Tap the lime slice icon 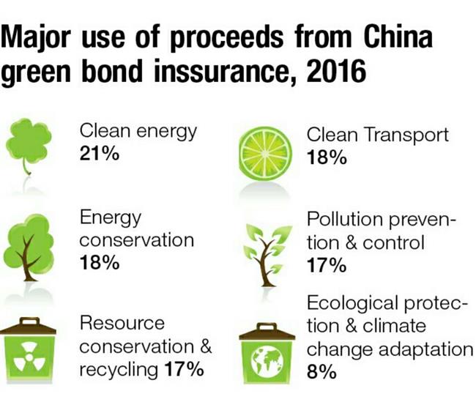(266, 154)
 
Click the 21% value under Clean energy (100, 154)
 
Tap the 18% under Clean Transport (327, 157)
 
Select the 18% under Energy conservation (100, 262)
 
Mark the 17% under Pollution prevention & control (327, 265)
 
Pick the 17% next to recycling (184, 369)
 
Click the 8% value (321, 372)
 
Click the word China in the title (398, 37)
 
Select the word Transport (406, 135)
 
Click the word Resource (122, 323)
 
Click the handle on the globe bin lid (267, 327)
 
